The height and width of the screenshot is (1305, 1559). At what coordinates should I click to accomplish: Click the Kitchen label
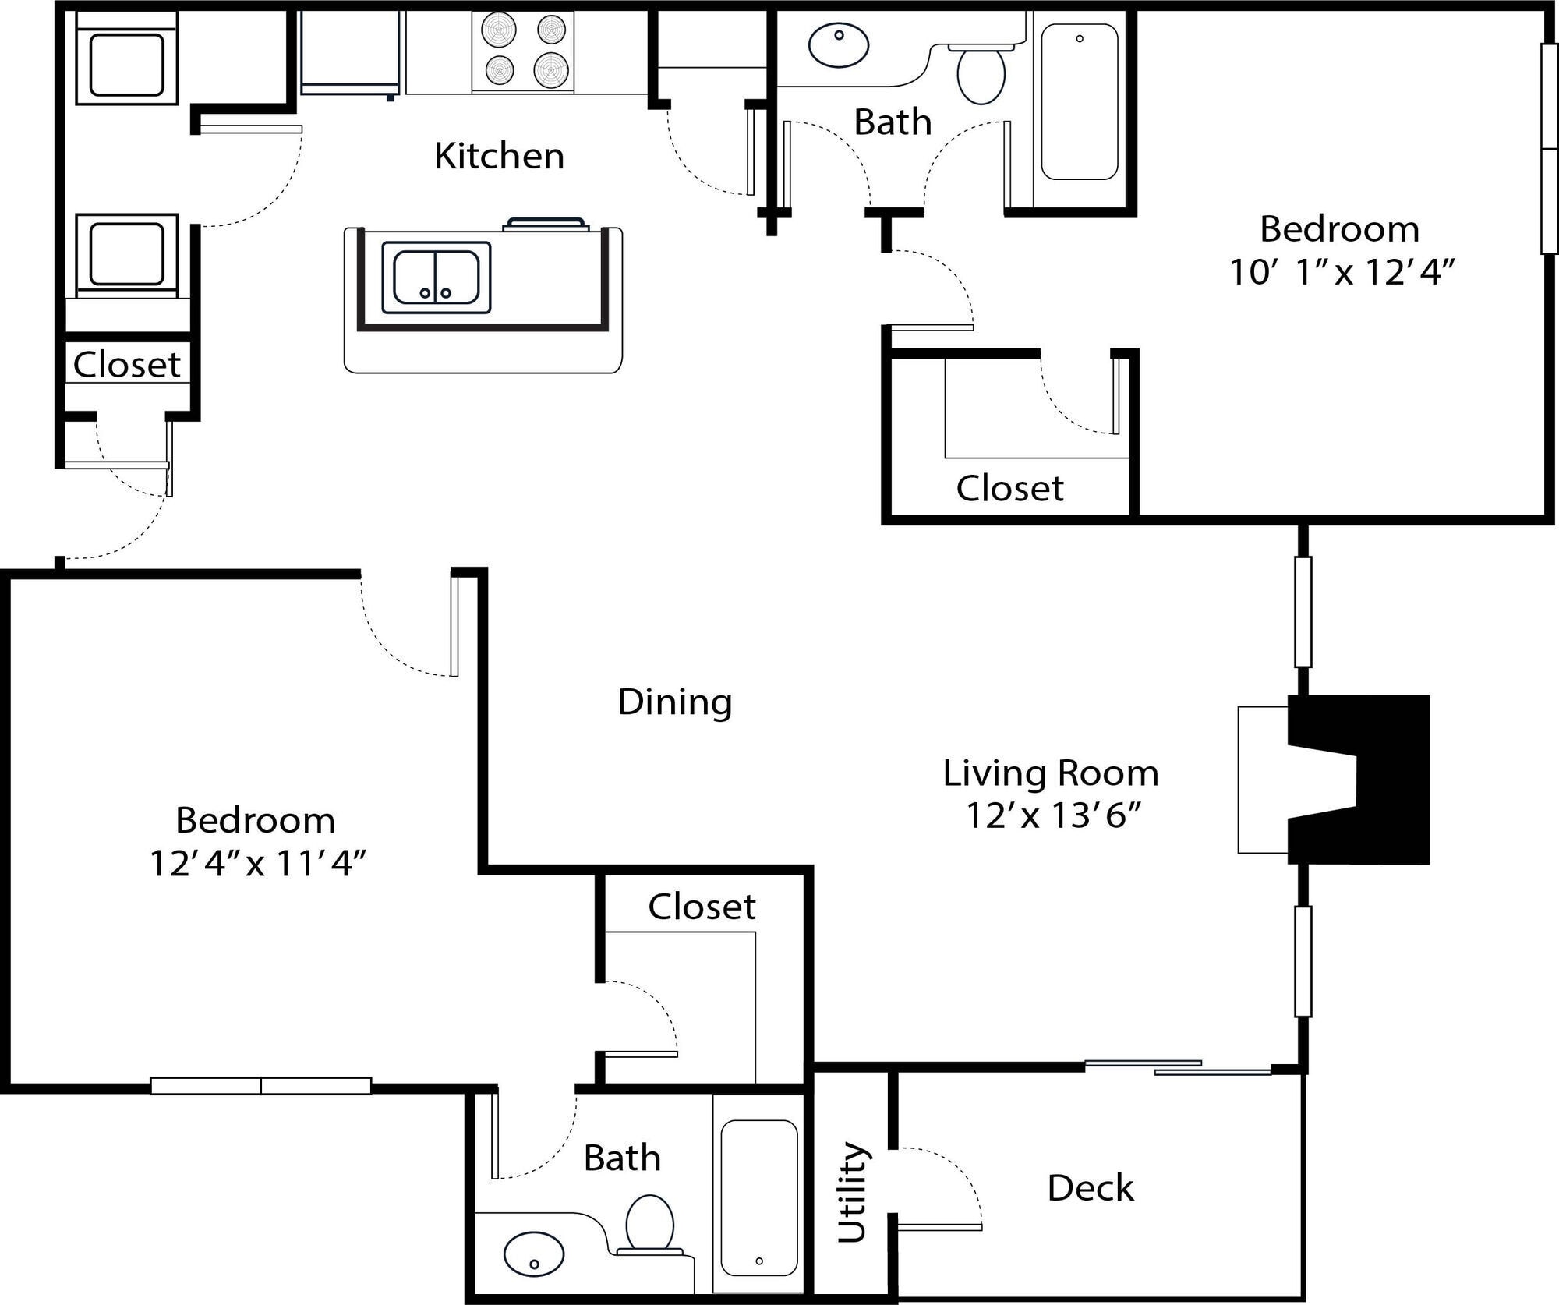coord(499,156)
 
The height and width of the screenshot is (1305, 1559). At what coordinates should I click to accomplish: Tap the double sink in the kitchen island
coord(436,278)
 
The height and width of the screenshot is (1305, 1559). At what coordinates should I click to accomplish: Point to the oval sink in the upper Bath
coord(839,45)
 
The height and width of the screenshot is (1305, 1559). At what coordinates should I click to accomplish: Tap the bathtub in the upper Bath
coord(1080,101)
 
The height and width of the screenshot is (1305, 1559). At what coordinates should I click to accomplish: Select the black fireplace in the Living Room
coord(1372,780)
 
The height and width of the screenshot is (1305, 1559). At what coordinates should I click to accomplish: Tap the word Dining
coord(675,702)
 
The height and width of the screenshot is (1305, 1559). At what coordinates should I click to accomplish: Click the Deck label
coord(1090,1188)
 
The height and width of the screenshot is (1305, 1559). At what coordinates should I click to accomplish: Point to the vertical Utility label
coord(852,1192)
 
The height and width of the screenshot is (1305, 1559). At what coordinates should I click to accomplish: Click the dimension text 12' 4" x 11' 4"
coord(258,864)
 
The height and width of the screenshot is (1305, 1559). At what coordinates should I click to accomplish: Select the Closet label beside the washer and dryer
coord(126,364)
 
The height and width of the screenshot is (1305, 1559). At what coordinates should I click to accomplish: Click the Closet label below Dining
coord(702,907)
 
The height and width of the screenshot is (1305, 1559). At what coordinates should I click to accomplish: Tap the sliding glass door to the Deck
coord(1177,1068)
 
